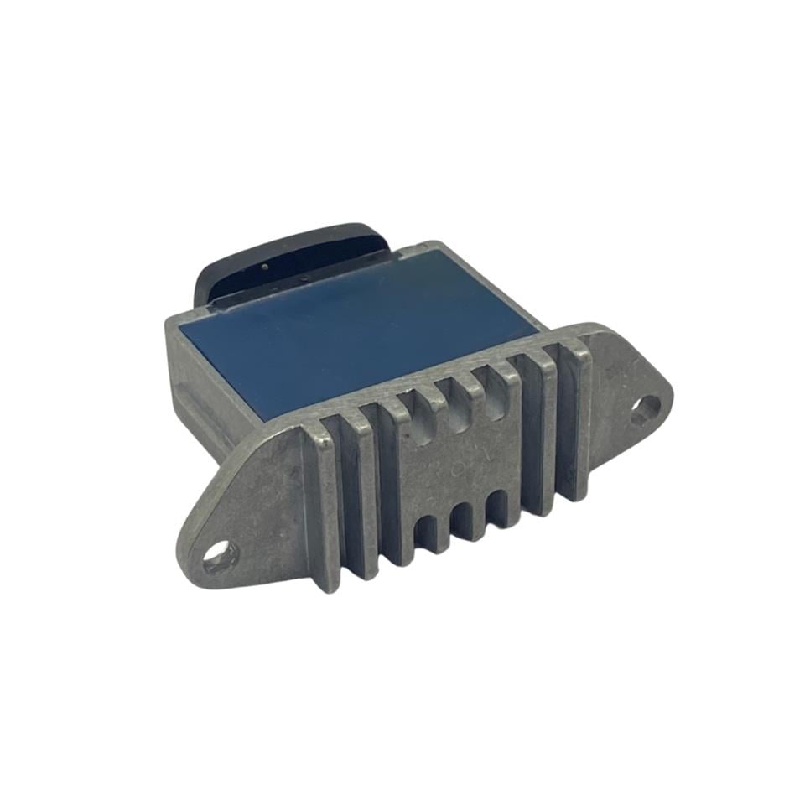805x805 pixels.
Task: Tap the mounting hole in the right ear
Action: click(x=646, y=408)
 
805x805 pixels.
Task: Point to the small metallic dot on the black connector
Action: click(x=265, y=267)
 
